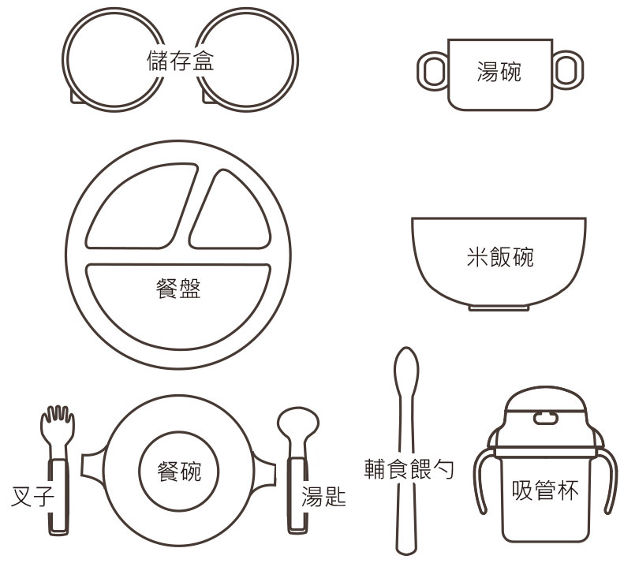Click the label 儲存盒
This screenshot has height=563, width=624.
[x=181, y=61]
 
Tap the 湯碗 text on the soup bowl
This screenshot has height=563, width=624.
[x=499, y=72]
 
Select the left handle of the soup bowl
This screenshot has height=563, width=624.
[x=432, y=71]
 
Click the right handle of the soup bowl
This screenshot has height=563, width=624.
[x=568, y=70]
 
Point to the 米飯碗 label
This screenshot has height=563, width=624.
[x=500, y=256]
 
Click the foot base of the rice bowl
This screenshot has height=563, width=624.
[x=499, y=308]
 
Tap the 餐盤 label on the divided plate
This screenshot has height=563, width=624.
[x=178, y=288]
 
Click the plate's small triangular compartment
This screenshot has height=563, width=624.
[x=231, y=213]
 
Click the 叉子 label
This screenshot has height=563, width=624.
[x=32, y=496]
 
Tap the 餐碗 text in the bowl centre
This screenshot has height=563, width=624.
[x=179, y=471]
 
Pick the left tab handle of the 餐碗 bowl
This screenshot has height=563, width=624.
[x=93, y=466]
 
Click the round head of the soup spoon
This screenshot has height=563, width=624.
[x=298, y=423]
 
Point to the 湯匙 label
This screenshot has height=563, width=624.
[x=323, y=496]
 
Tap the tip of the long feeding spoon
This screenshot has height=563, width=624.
[x=406, y=349]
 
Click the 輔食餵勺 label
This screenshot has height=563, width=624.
[x=409, y=468]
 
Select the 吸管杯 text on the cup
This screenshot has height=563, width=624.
[x=545, y=490]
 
